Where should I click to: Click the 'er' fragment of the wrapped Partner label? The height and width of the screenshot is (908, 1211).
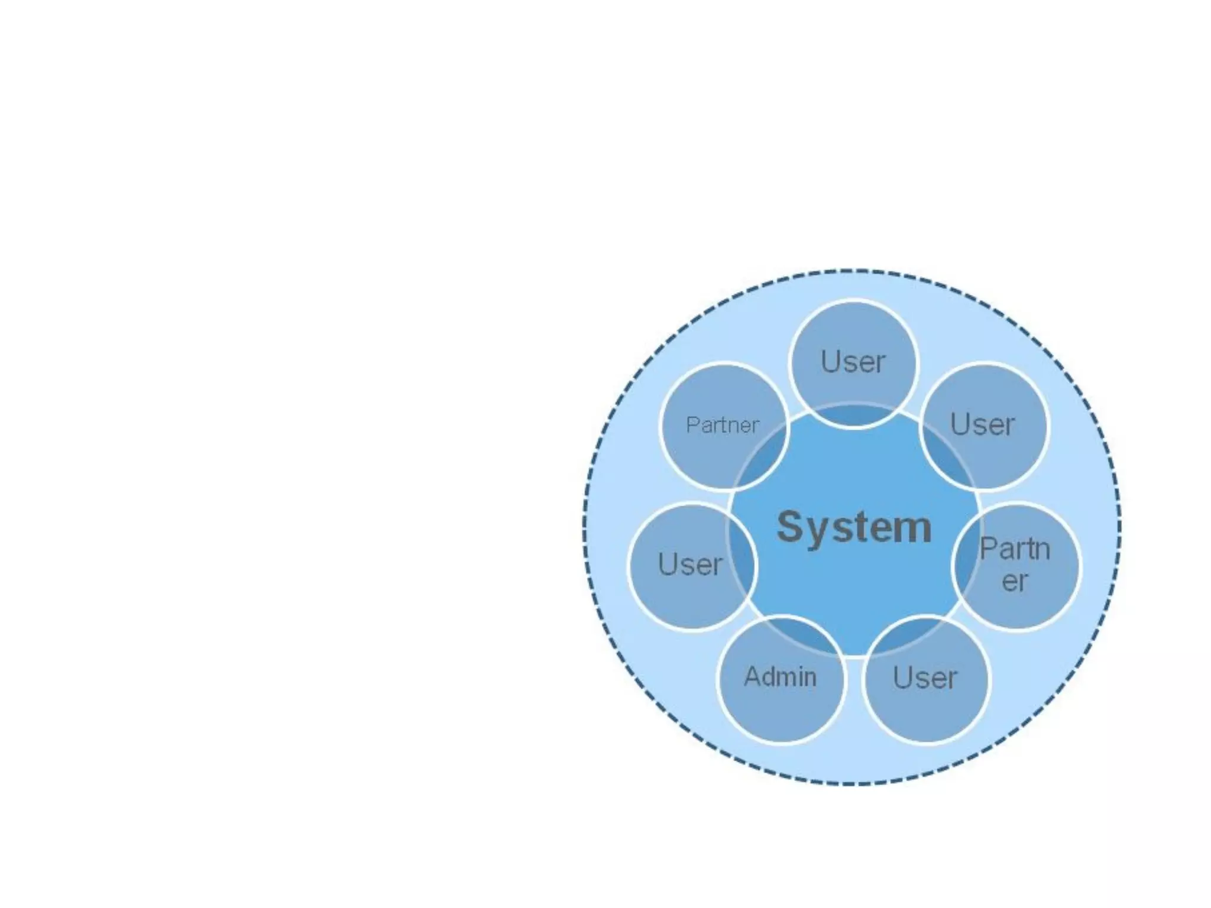tap(1015, 581)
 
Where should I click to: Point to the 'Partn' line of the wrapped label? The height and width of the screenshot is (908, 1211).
tap(1015, 549)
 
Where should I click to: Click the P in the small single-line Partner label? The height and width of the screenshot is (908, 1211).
tap(691, 424)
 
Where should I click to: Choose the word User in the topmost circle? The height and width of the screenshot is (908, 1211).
tap(853, 361)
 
